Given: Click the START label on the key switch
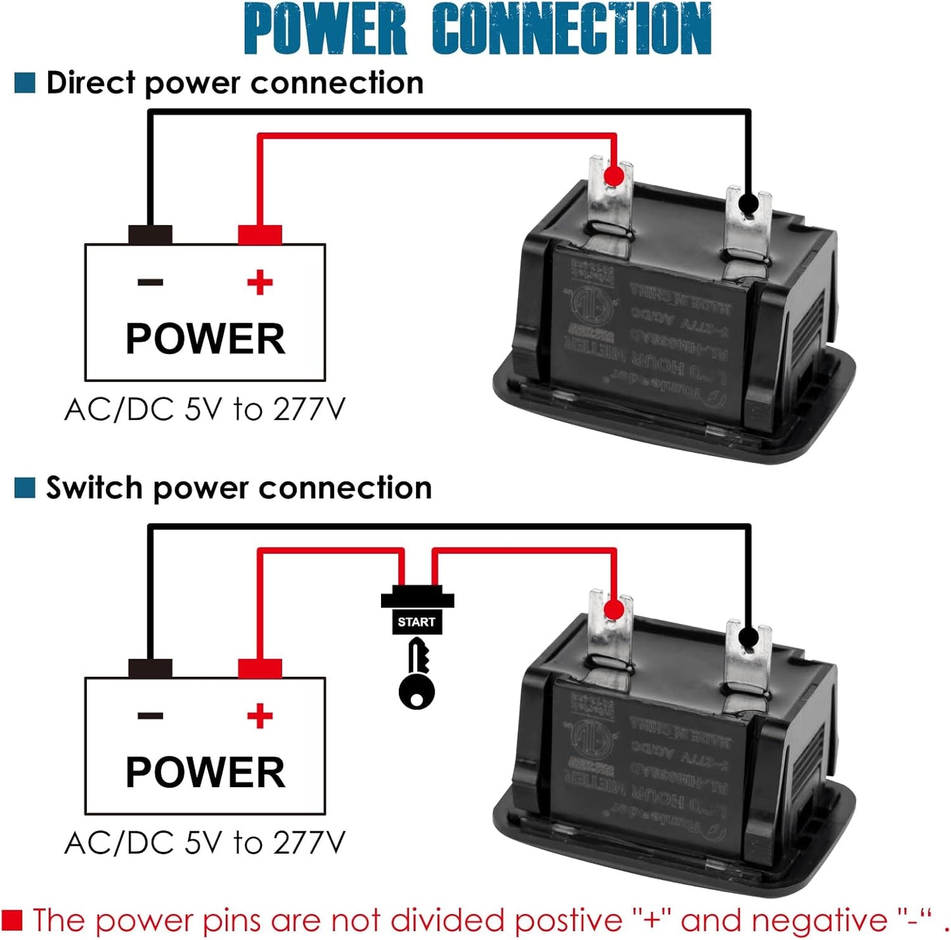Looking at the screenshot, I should [416, 622].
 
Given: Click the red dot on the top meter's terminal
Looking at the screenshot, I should [613, 176].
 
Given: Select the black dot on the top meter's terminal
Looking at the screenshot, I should [748, 203].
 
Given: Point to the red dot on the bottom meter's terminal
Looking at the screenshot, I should [613, 610].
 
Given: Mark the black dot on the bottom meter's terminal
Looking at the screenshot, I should [748, 637].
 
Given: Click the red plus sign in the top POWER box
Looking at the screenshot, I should [260, 283].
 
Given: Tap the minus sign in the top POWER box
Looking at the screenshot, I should [151, 283].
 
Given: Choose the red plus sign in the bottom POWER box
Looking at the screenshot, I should [260, 716].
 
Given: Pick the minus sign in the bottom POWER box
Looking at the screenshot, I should [151, 716].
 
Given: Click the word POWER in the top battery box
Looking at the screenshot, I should [205, 339].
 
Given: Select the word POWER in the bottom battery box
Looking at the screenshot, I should [205, 772].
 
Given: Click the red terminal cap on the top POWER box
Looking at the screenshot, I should [260, 235].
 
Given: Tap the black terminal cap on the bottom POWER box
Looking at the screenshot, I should [151, 668].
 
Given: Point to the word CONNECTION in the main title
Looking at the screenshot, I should [571, 30].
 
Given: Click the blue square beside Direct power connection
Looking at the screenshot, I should [25, 83].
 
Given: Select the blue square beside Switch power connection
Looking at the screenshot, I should [25, 488].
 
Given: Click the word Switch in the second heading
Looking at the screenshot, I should [94, 488].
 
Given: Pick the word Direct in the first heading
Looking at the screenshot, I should [91, 83].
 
